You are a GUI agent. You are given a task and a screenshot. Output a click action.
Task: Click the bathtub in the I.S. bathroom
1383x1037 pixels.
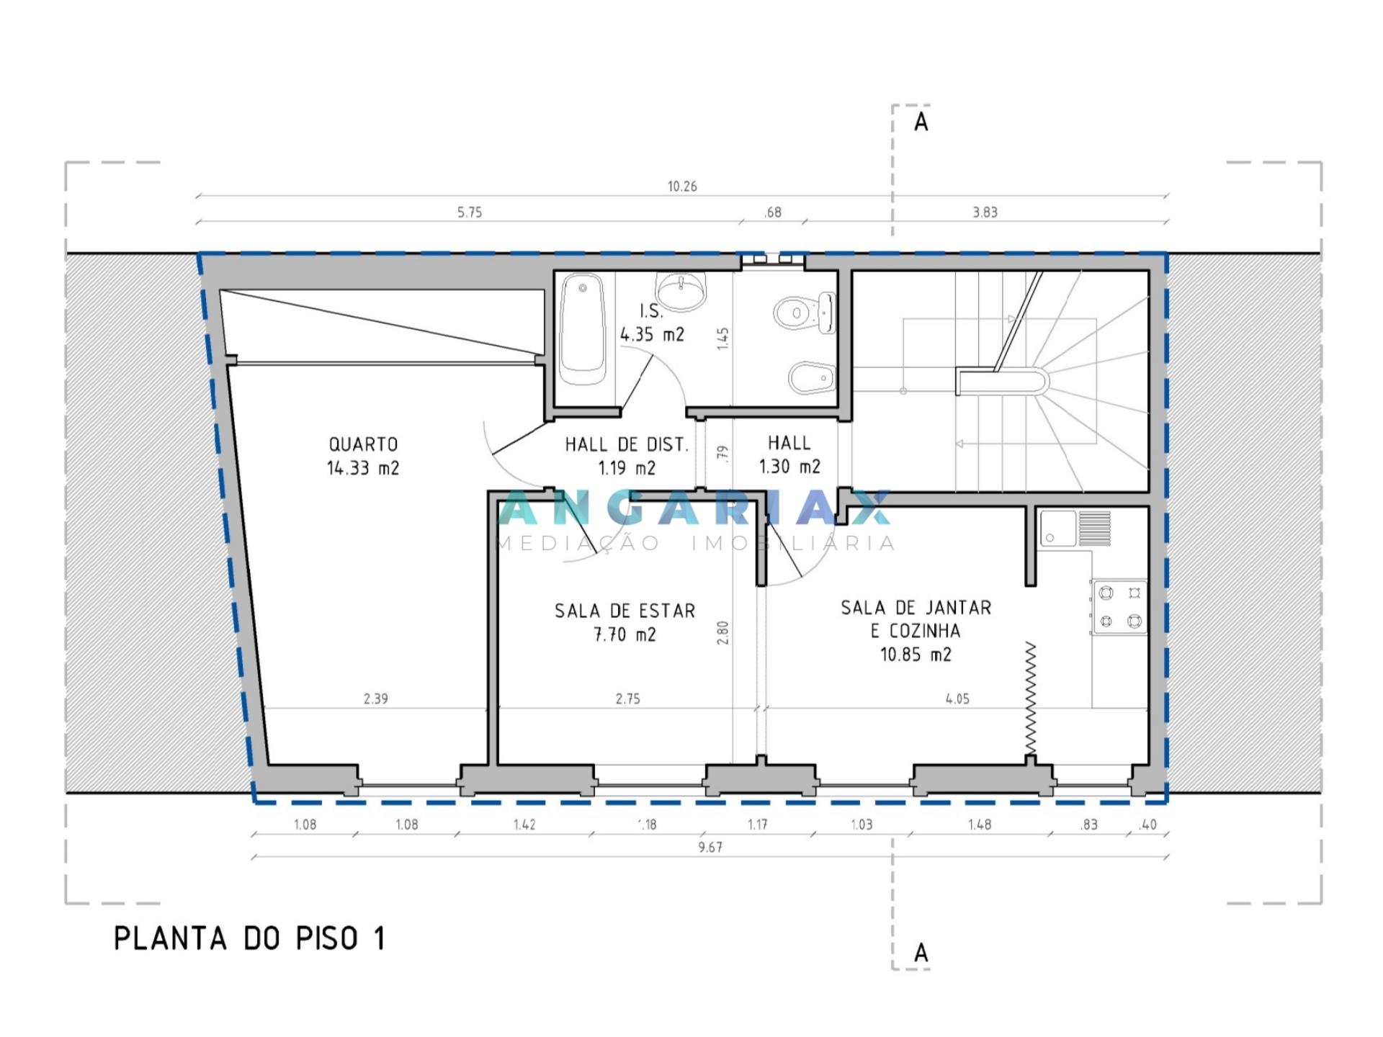583,331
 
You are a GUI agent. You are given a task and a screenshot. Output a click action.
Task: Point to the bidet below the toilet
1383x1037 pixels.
813,378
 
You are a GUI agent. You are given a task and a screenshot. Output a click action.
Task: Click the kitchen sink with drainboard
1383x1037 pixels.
1075,529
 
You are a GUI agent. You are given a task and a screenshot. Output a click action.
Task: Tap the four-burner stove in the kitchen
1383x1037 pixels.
1119,606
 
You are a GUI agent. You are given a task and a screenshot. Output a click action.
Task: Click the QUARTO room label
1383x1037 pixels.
363,444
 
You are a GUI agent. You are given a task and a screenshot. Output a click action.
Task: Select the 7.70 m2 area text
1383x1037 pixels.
625,634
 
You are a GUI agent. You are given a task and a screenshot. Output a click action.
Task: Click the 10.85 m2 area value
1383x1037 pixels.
916,655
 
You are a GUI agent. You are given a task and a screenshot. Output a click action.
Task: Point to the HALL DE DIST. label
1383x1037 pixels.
627,445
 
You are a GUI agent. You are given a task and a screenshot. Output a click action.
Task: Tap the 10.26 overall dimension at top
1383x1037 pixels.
682,187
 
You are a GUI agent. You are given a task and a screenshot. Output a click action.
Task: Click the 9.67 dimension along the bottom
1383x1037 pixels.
710,847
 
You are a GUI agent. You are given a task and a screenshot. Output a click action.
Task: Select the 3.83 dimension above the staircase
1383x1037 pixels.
985,212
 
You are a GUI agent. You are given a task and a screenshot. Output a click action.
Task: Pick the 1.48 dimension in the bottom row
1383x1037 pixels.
980,825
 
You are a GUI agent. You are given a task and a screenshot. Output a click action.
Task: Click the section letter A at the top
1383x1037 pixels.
921,122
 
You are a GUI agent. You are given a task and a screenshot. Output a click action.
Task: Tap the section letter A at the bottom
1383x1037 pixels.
921,953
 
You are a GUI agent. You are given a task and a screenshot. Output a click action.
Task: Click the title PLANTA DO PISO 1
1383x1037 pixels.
249,938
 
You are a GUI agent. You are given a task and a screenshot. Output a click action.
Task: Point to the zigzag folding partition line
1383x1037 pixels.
1031,699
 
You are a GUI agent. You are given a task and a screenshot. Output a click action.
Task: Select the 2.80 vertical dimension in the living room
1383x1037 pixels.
723,632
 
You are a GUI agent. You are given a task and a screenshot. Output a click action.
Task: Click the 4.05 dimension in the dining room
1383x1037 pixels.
957,699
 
